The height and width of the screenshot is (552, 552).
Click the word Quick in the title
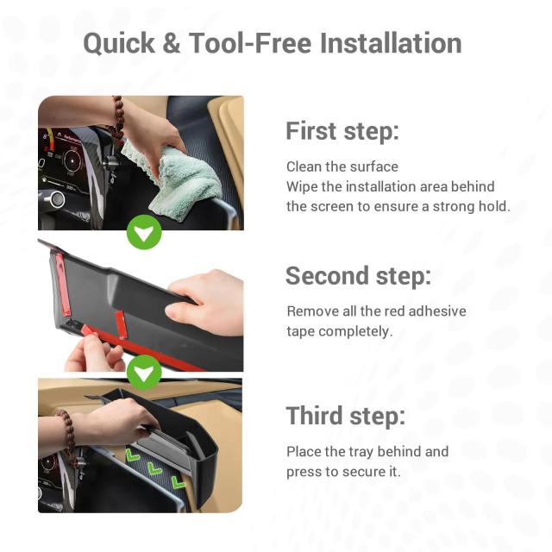tap(119, 44)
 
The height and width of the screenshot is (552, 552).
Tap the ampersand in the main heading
tap(172, 43)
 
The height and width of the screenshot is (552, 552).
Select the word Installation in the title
tap(391, 43)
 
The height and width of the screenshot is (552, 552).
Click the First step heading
tap(342, 131)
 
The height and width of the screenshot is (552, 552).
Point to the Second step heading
tap(359, 276)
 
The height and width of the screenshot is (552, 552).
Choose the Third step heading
tap(346, 416)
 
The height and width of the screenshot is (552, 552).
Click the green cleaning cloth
tap(179, 180)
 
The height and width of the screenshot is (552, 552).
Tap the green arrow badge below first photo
tap(144, 232)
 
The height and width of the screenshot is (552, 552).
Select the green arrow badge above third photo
tap(144, 373)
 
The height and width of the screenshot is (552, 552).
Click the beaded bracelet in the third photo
tap(68, 436)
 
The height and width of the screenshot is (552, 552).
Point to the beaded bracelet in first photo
tap(118, 118)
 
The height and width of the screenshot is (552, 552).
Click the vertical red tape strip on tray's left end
tap(62, 285)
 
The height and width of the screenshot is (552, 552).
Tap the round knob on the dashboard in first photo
tap(56, 199)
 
